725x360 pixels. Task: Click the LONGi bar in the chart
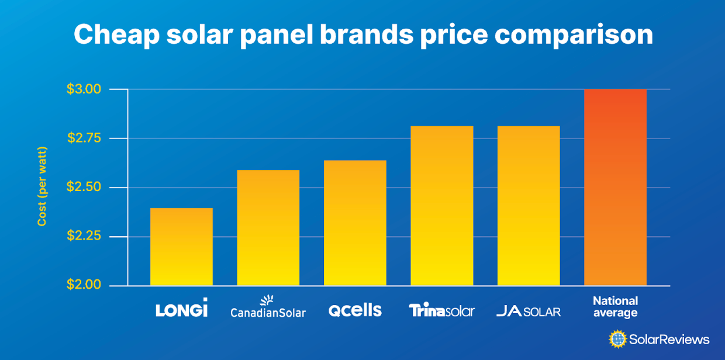181,247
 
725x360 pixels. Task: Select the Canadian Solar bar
268,228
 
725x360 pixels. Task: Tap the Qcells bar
355,223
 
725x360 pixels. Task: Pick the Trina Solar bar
441,206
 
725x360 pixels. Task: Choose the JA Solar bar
529,206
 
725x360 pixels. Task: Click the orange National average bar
615,187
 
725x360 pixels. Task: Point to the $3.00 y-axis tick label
84,89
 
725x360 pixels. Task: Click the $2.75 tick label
84,139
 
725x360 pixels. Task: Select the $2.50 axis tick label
84,188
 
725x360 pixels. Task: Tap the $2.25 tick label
84,237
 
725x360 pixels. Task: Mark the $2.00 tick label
84,285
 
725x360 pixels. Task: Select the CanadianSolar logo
268,307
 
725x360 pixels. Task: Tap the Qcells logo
355,310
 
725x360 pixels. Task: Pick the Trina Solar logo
441,310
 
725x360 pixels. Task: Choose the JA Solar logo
529,311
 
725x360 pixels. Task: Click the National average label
615,307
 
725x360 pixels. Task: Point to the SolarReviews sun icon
617,339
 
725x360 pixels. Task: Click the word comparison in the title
574,36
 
